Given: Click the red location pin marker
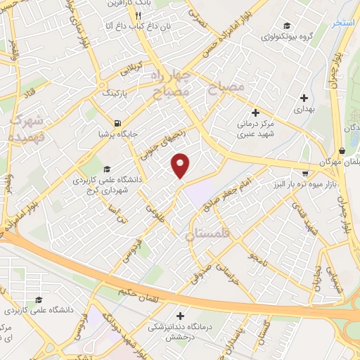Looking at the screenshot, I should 181,166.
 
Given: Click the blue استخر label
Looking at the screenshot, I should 343,22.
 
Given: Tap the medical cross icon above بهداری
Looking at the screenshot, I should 304,98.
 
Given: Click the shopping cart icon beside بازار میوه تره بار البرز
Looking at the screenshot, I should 304,172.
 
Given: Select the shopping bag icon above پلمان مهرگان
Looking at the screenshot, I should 342,150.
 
